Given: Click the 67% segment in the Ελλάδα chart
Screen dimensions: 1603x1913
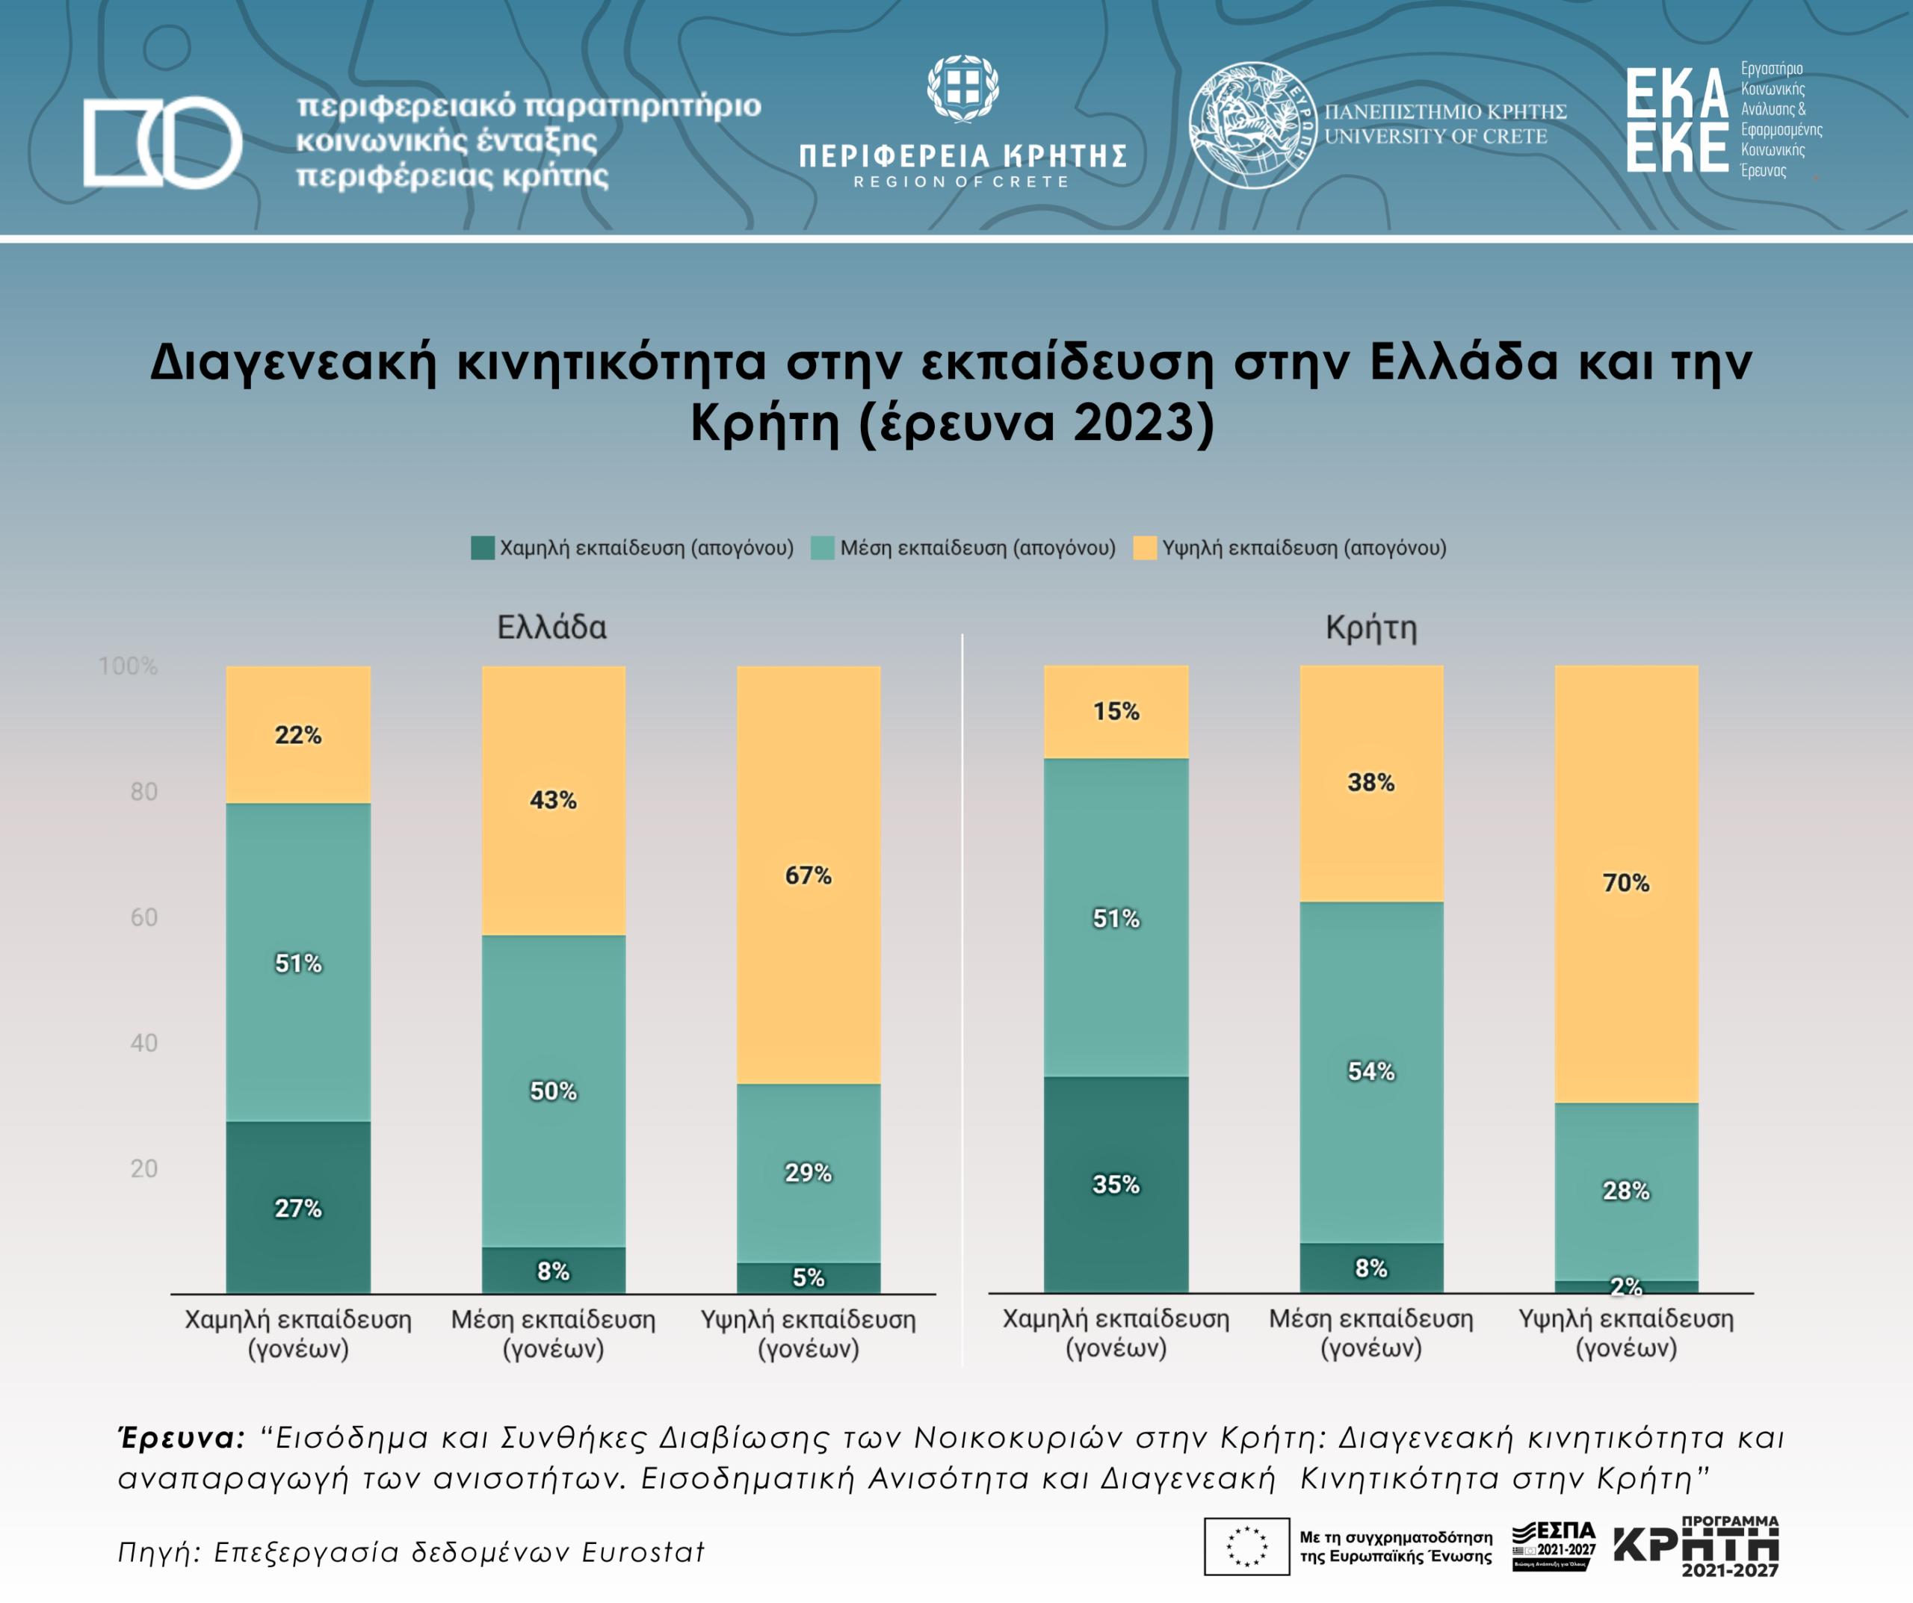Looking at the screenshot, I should click(x=808, y=875).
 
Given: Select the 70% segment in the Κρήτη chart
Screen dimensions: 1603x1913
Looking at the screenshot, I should click(x=1626, y=883).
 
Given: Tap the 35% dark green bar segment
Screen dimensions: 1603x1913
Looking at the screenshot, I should click(x=1116, y=1184).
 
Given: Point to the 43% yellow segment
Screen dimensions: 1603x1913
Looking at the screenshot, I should click(x=553, y=800).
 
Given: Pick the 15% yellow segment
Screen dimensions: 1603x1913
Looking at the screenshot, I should click(x=1116, y=711).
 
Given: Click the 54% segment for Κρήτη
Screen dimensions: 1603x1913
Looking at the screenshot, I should click(x=1371, y=1071).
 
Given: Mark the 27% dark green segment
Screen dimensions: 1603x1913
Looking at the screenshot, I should click(x=298, y=1208).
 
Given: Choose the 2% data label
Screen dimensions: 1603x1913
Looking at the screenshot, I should click(x=1626, y=1286).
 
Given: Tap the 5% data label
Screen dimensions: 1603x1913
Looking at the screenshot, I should click(x=808, y=1277).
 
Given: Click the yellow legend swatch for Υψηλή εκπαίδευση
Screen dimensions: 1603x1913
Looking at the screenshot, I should click(x=1144, y=548).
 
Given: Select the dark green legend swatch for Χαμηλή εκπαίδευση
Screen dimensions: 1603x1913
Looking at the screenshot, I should click(x=482, y=548).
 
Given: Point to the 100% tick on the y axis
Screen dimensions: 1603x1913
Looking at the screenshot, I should click(x=129, y=666).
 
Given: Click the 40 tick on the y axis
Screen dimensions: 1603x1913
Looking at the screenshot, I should click(x=144, y=1043).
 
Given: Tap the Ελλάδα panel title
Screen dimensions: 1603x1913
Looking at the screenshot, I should click(x=552, y=627).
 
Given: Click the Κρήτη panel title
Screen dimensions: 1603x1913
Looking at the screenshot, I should click(x=1371, y=627).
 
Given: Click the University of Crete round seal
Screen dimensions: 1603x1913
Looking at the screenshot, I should click(x=1252, y=125).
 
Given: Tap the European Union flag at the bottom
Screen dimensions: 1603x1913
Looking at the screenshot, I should click(x=1246, y=1546).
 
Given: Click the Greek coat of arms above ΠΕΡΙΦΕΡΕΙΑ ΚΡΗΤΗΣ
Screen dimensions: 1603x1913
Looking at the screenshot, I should click(x=963, y=88).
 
